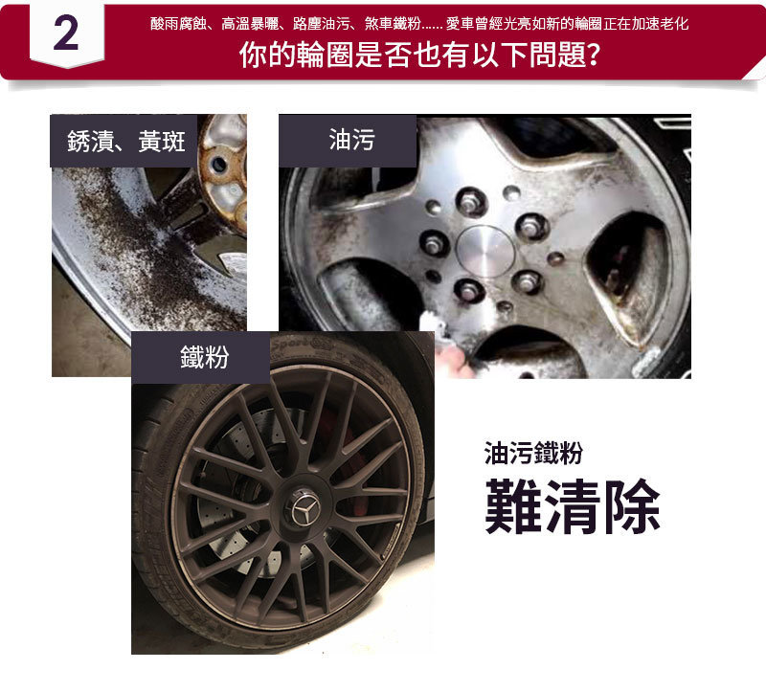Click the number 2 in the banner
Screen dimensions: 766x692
[x=66, y=33]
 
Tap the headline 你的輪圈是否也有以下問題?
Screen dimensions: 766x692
[x=419, y=55]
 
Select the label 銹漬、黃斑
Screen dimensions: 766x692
[x=126, y=142]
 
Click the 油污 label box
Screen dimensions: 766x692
[x=348, y=141]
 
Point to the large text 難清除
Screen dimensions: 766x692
[x=573, y=506]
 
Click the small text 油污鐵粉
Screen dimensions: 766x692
[x=533, y=452]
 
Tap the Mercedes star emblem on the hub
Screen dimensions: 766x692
[x=305, y=510]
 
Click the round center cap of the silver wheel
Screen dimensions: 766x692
[x=485, y=252]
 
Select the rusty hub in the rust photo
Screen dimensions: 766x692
[x=223, y=171]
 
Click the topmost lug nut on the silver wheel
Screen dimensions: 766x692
[x=470, y=201]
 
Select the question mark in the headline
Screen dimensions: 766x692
[x=593, y=55]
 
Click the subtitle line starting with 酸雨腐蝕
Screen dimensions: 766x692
[x=419, y=23]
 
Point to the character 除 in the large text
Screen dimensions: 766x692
[x=633, y=506]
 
